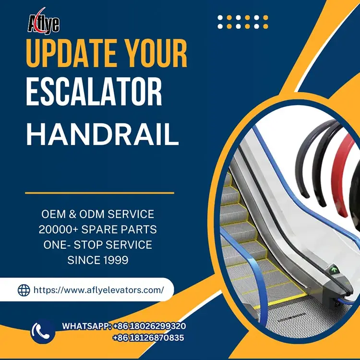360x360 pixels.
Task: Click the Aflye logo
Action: pyautogui.click(x=43, y=22)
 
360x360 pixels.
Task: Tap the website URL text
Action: pyautogui.click(x=98, y=290)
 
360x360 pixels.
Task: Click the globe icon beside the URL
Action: pyautogui.click(x=24, y=290)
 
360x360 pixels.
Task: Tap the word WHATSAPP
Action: pyautogui.click(x=86, y=326)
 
